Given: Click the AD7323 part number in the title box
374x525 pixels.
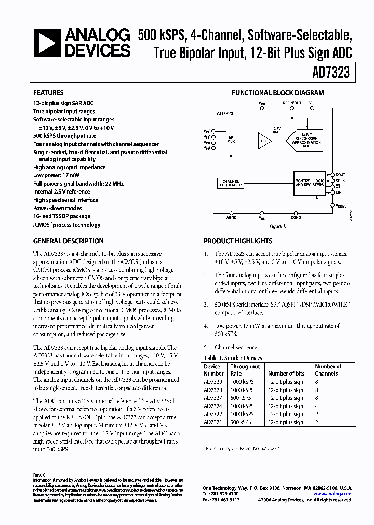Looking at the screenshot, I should coord(331,73).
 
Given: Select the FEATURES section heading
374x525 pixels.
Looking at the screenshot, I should coord(49,93).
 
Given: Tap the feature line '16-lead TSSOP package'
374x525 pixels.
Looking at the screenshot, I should coord(62,216).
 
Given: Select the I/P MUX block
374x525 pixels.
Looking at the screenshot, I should coord(231,140).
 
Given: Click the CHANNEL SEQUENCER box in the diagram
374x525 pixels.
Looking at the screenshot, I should coord(230,183).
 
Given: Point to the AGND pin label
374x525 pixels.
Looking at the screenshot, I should coord(231,218).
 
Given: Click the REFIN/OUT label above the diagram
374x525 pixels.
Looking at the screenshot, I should coord(292,103).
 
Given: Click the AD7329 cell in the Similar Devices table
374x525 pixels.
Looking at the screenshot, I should coord(212,382).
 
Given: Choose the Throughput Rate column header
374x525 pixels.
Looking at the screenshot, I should coord(245,370).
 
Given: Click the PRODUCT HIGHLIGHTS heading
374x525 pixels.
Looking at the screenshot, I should coord(238,241).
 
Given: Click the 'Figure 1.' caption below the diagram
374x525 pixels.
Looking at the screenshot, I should coord(277,226).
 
